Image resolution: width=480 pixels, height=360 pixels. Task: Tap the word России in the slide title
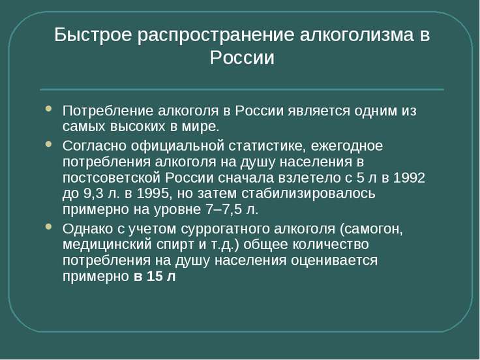pos(242,57)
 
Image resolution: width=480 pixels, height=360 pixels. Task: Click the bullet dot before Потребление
pos(48,108)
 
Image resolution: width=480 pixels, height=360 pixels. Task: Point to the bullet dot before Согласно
pos(48,144)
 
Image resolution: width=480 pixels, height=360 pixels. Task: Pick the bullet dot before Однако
pos(48,226)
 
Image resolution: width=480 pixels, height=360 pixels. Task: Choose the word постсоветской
pos(112,178)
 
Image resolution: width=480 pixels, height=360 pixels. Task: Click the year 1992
pos(409,178)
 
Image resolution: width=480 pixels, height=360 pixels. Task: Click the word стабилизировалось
pos(308,194)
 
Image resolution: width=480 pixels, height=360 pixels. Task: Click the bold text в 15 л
pos(155,276)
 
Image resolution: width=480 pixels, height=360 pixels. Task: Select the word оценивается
pos(334,261)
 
